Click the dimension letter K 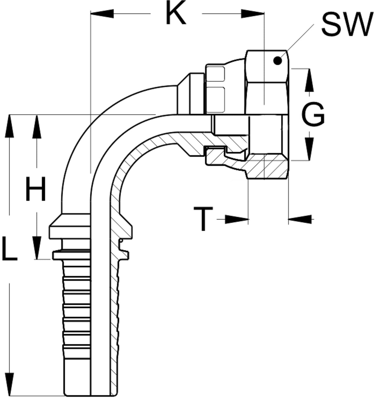pos(176,12)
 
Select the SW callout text pos(348,24)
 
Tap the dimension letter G pos(313,114)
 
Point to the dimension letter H pos(35,189)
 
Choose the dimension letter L pos(9,248)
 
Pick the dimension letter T pos(203,219)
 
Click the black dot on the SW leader pos(277,60)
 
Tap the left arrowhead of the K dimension pos(102,14)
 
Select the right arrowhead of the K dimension pos(253,14)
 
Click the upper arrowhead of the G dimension pos(309,80)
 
